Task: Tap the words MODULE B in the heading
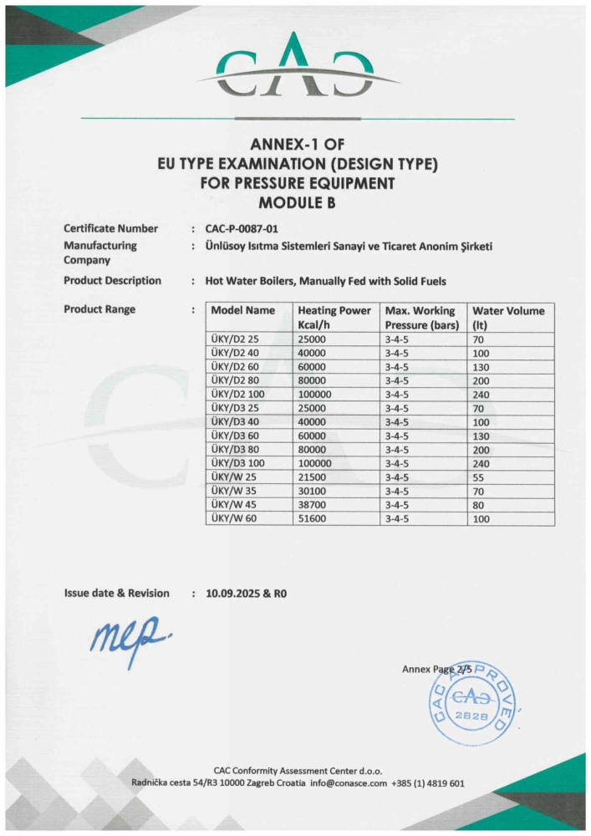click(296, 202)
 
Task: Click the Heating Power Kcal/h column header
click(334, 317)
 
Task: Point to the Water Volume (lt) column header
click(508, 317)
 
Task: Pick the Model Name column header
click(242, 311)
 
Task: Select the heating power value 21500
click(314, 477)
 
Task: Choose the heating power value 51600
click(314, 519)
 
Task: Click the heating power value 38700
click(314, 505)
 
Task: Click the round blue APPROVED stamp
click(472, 699)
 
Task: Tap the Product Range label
click(99, 309)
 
